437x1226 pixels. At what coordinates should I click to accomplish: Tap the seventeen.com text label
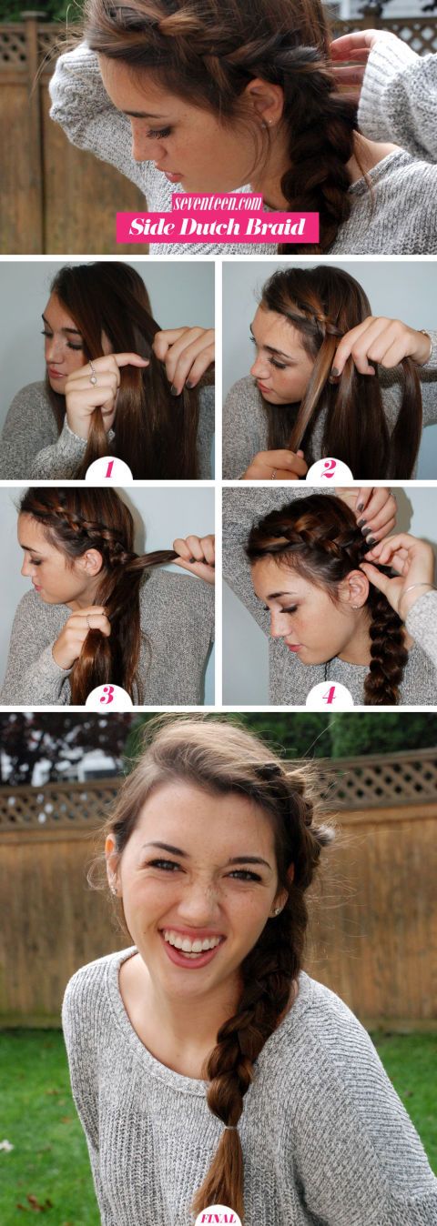pos(218,202)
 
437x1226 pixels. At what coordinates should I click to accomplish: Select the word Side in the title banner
pos(151,226)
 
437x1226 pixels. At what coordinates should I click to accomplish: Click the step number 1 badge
pos(108,469)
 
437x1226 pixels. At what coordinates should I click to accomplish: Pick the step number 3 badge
pos(108,696)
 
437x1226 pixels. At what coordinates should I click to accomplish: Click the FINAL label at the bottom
pos(218,1217)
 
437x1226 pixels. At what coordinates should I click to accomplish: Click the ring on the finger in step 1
pos(91,371)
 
